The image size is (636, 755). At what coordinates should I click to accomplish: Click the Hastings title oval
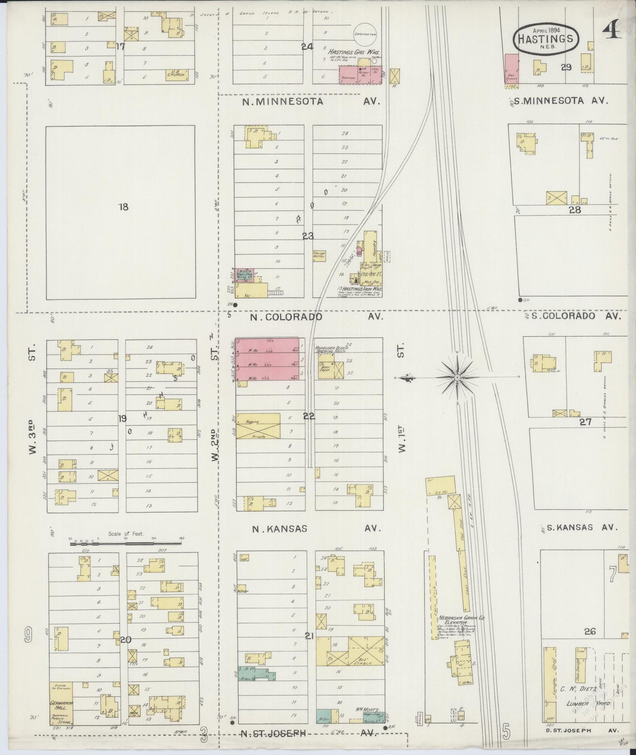tap(546, 39)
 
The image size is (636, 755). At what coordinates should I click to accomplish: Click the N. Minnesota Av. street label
tap(311, 102)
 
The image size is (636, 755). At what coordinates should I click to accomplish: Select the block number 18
tap(123, 207)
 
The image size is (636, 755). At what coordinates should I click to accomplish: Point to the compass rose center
tap(457, 377)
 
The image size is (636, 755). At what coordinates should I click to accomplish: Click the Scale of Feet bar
tap(126, 544)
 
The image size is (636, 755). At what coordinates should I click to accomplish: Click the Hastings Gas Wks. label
tap(352, 52)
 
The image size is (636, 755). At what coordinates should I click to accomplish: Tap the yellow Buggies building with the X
tap(258, 426)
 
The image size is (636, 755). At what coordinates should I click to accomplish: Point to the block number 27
tap(585, 422)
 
